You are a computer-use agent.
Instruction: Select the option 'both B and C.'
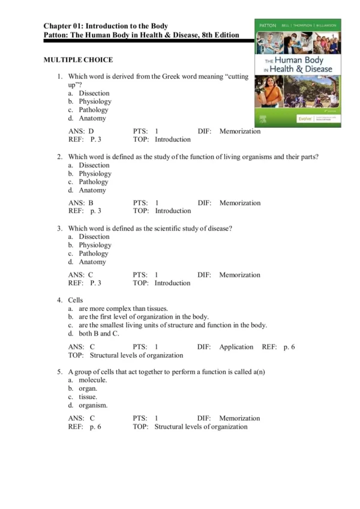point(95,334)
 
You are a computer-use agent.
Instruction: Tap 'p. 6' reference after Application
point(289,347)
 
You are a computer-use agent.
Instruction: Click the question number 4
point(60,300)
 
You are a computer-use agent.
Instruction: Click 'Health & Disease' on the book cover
point(302,70)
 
